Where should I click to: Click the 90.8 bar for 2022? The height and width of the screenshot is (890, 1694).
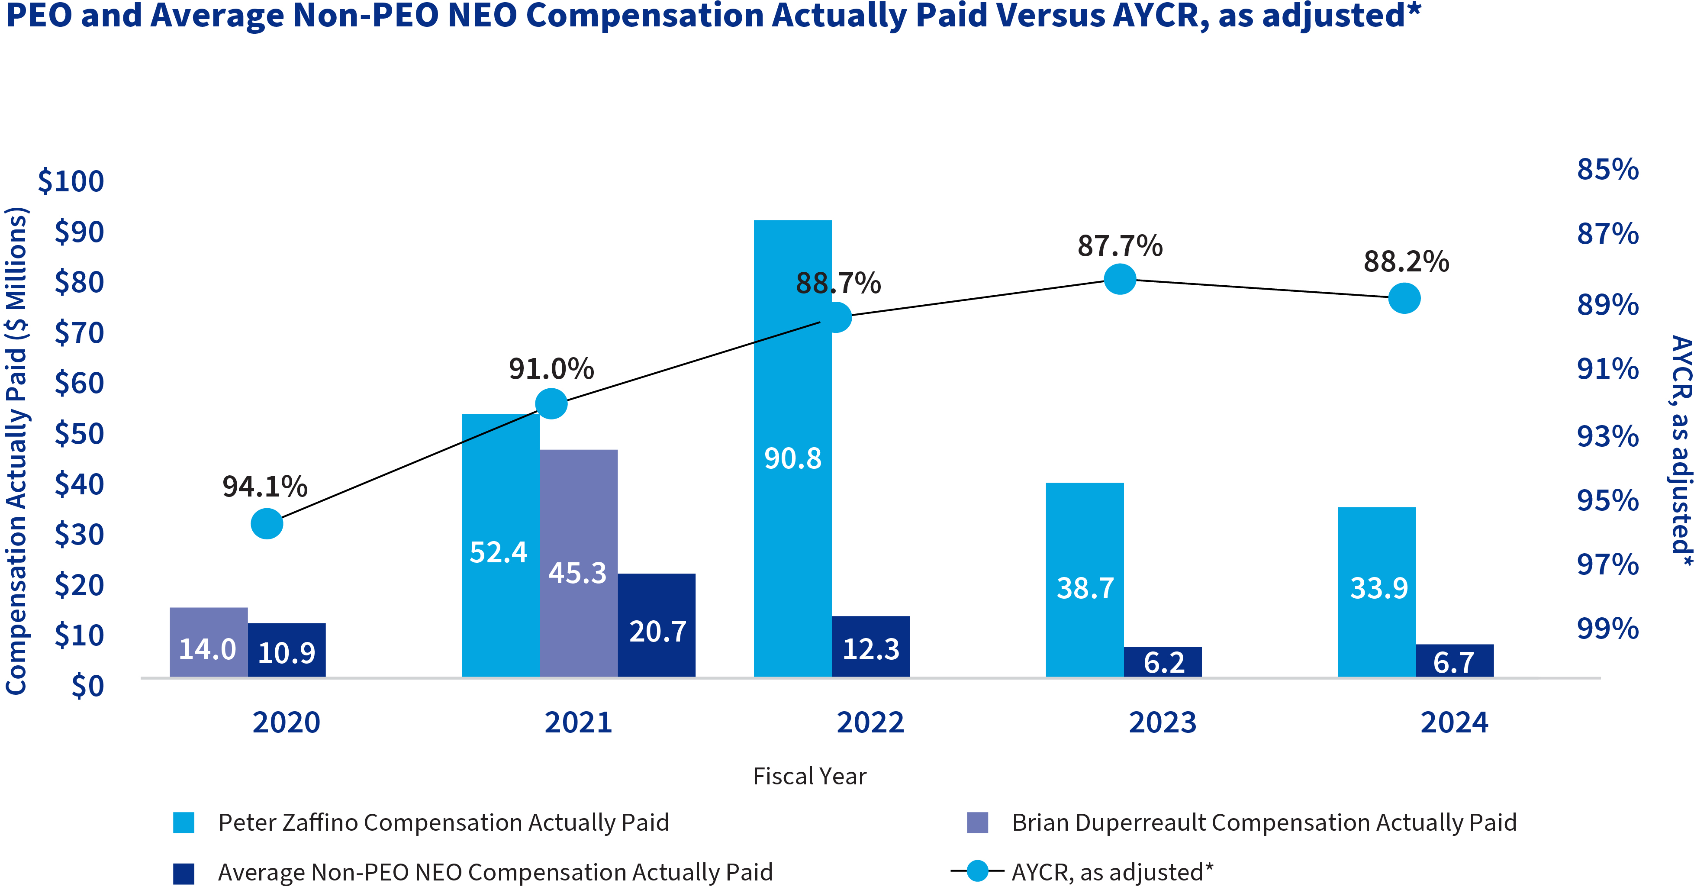tap(792, 447)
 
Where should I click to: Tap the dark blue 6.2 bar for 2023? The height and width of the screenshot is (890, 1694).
tap(1162, 662)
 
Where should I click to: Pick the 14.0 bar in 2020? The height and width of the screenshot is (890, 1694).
tap(209, 642)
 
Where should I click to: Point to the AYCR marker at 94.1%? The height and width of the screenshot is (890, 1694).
tap(267, 524)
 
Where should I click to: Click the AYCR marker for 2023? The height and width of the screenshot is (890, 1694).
tap(1120, 279)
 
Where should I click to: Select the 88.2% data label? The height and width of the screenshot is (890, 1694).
tap(1406, 262)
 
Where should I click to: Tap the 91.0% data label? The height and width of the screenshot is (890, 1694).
tap(551, 368)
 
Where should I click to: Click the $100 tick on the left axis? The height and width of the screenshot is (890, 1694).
tap(71, 181)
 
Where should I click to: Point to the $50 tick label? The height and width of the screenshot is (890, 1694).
tap(79, 433)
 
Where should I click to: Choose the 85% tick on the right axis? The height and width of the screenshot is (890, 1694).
tap(1607, 169)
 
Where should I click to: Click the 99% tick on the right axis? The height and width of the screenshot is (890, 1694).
tap(1607, 628)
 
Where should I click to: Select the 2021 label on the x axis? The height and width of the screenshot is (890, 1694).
tap(578, 722)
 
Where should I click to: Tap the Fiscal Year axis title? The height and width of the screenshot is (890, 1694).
tap(809, 776)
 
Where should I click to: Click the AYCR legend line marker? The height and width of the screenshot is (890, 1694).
tap(977, 871)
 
